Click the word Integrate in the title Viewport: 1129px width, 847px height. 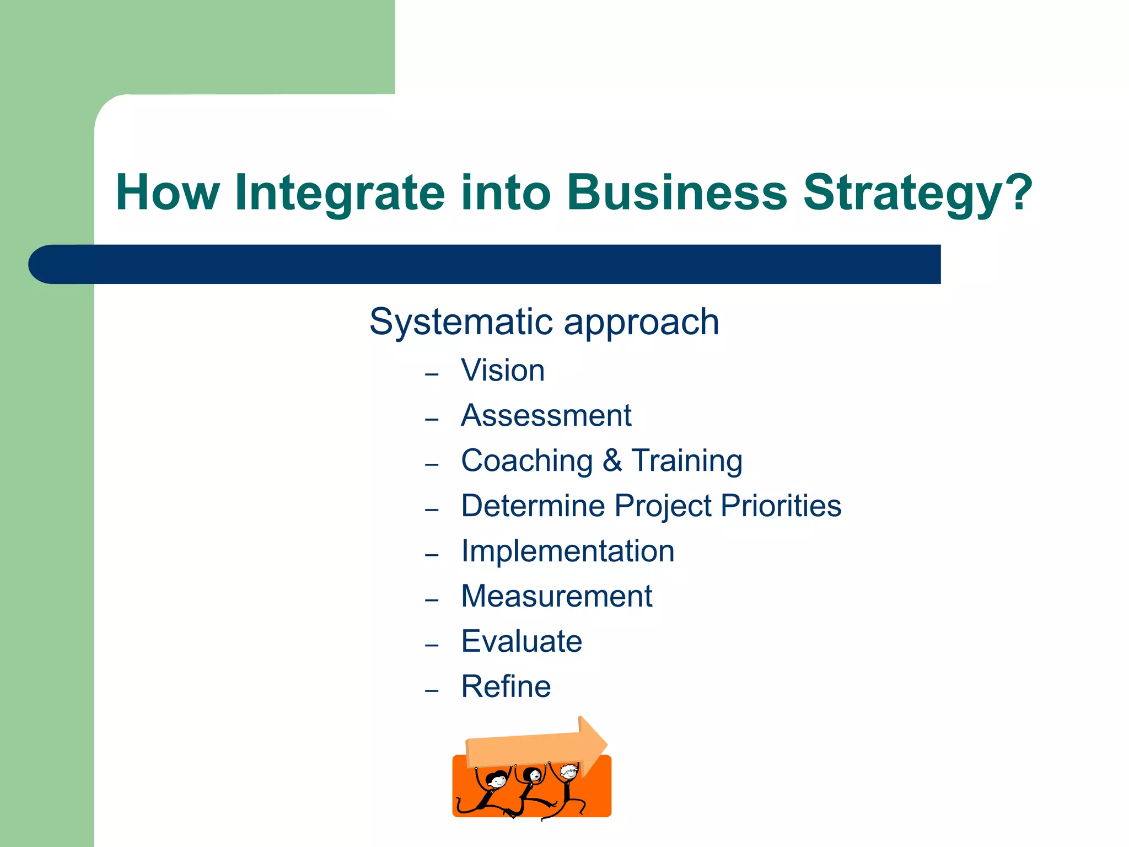tap(339, 193)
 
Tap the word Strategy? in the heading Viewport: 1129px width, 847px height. tap(917, 193)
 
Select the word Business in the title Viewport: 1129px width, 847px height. tap(677, 193)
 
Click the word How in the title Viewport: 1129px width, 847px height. tap(168, 193)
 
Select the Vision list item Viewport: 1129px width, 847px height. tap(503, 370)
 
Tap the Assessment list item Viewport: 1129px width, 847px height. tap(546, 415)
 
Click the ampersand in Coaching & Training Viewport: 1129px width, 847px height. tap(612, 460)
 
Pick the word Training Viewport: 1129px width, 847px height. tap(687, 462)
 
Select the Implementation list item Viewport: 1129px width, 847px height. tap(567, 551)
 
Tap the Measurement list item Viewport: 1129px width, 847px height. tap(556, 596)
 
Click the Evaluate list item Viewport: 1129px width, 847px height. tap(522, 641)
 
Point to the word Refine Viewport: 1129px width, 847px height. tap(506, 687)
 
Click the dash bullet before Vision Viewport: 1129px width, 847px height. tap(432, 375)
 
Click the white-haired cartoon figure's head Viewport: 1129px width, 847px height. tap(569, 771)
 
